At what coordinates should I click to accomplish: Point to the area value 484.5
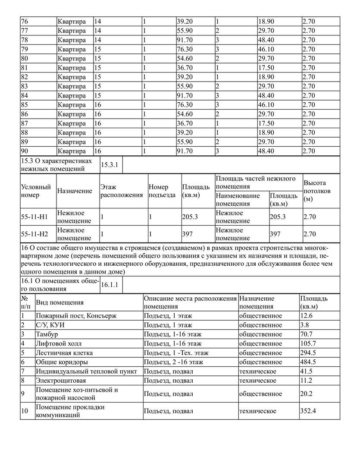[307, 362]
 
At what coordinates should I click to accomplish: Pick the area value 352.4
[308, 411]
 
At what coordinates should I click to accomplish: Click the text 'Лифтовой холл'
[59, 343]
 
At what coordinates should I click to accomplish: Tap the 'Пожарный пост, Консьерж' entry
[76, 316]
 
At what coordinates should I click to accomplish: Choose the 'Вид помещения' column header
[59, 302]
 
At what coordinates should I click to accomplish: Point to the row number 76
[25, 21]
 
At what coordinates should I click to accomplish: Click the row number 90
[25, 151]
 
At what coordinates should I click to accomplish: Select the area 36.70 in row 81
[185, 68]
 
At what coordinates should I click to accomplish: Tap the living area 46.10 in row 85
[266, 105]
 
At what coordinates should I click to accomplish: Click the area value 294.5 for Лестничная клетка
[307, 353]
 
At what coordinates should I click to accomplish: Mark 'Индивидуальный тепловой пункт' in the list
[86, 371]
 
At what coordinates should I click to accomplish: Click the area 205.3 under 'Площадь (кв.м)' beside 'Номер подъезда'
[190, 217]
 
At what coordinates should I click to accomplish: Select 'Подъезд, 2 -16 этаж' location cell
[173, 362]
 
